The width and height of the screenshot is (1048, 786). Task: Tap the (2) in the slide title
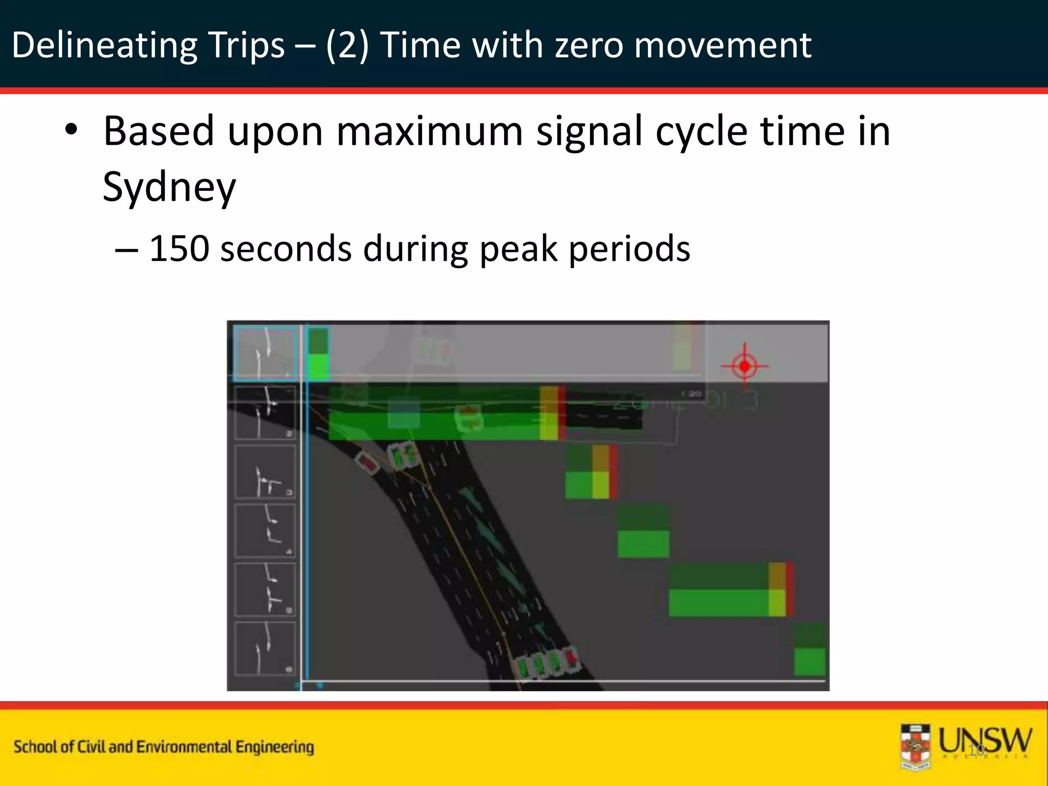pyautogui.click(x=347, y=45)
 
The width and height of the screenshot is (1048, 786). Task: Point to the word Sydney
pyautogui.click(x=169, y=187)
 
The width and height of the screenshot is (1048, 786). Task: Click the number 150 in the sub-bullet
pyautogui.click(x=179, y=249)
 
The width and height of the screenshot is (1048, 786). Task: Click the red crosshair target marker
pyautogui.click(x=745, y=366)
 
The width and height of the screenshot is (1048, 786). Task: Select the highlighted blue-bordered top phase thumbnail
pyautogui.click(x=265, y=353)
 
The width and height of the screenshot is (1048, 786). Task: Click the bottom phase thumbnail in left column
pyautogui.click(x=265, y=648)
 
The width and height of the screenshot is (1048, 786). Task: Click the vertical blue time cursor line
pyautogui.click(x=306, y=512)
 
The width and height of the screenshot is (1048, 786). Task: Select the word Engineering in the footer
pyautogui.click(x=274, y=747)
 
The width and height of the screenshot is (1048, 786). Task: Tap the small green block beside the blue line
pyautogui.click(x=319, y=354)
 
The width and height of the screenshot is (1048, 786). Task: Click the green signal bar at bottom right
pyautogui.click(x=810, y=661)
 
